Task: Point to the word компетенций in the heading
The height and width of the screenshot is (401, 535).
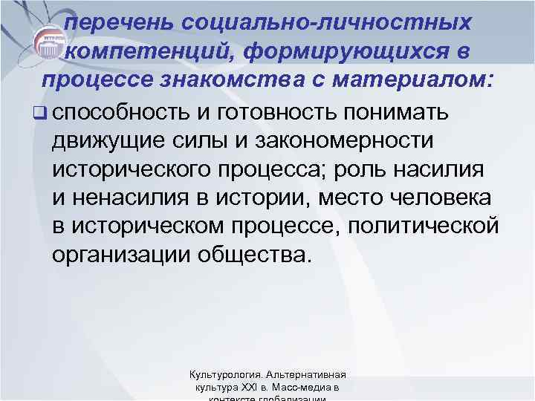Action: click(x=147, y=50)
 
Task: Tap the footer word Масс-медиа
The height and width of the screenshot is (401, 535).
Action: click(x=301, y=388)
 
